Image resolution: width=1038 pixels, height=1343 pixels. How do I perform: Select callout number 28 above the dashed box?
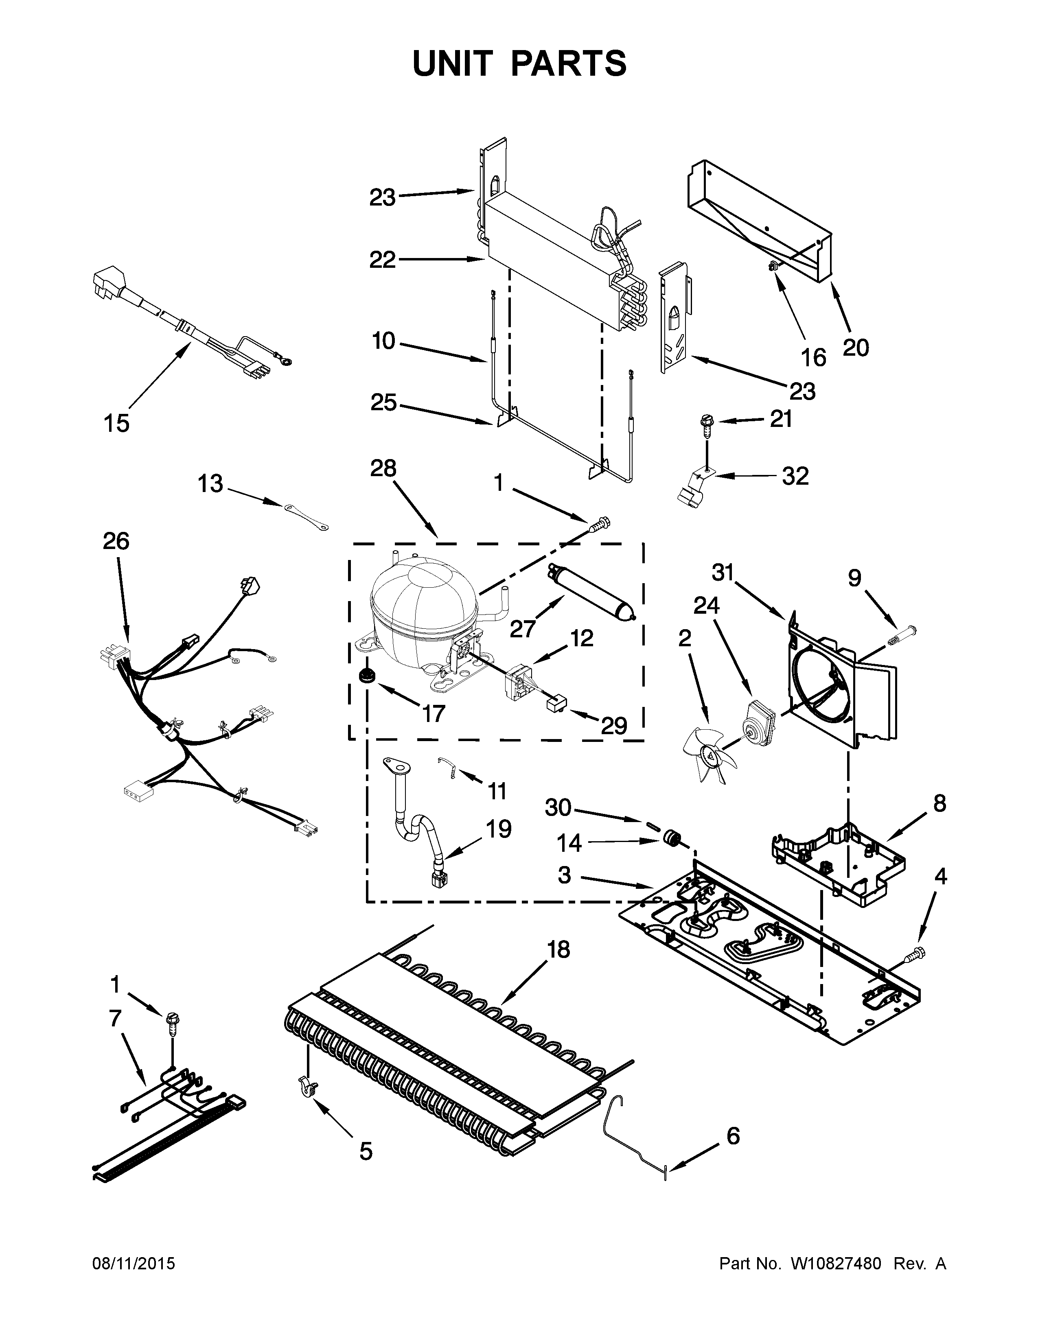pos(383,469)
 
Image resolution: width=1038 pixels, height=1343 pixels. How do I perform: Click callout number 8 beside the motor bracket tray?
pos(939,803)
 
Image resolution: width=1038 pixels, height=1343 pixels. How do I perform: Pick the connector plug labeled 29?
pos(555,703)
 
